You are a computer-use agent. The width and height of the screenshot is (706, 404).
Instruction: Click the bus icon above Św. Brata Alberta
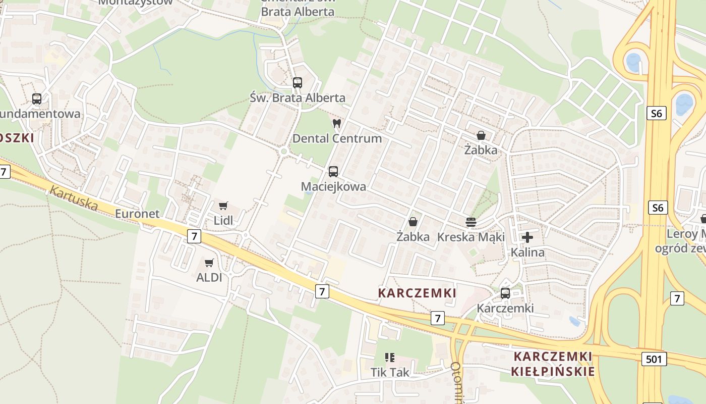tap(298, 83)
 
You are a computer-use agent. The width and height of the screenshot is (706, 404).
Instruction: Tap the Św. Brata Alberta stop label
tap(298, 98)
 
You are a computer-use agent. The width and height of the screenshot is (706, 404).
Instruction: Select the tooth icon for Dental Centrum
tap(337, 123)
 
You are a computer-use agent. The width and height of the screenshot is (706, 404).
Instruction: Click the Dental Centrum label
tap(337, 138)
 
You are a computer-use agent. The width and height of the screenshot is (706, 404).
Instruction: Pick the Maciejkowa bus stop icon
tap(333, 171)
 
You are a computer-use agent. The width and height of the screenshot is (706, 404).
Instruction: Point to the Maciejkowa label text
tap(333, 186)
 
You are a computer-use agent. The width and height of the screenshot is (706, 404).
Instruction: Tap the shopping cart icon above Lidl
tap(223, 206)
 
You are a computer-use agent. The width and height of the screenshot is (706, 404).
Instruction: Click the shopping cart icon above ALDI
tap(209, 263)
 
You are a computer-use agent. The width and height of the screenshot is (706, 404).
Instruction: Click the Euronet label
tap(137, 214)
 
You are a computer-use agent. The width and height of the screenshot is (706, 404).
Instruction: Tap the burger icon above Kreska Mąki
tap(471, 222)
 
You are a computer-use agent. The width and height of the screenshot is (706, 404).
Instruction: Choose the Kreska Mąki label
tap(471, 237)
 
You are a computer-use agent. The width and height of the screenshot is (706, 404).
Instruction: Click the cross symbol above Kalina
tap(527, 237)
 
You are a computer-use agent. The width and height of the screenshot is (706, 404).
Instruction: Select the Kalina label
tap(527, 252)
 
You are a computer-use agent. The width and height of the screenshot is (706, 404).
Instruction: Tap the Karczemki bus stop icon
tap(505, 293)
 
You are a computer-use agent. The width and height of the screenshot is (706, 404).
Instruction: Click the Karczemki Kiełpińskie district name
tap(553, 364)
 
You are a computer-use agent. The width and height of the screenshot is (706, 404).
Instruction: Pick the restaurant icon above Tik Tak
tap(390, 358)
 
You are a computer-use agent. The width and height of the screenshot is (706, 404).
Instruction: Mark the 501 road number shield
tap(655, 359)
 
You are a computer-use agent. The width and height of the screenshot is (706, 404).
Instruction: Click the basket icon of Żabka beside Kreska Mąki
tap(413, 222)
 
